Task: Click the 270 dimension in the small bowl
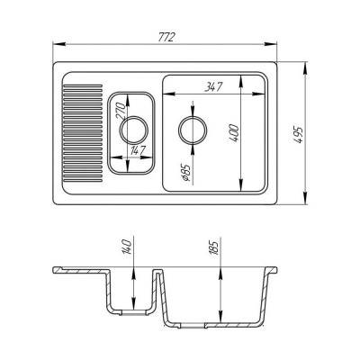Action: [119, 116]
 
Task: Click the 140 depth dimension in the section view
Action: [129, 246]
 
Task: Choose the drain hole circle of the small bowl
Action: [131, 129]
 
